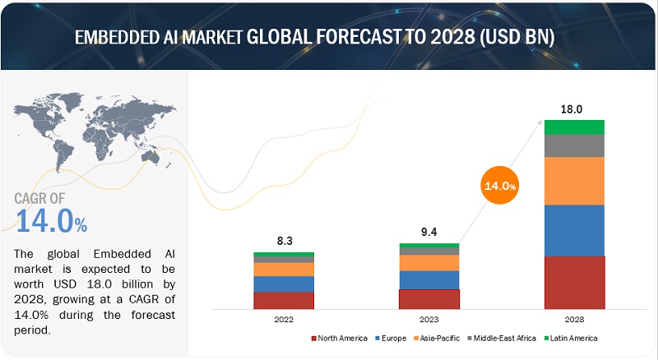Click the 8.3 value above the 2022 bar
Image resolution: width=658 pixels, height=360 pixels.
pyautogui.click(x=283, y=242)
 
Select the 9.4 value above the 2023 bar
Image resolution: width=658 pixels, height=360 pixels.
pyautogui.click(x=429, y=233)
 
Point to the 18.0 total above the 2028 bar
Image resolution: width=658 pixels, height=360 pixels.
pyautogui.click(x=574, y=108)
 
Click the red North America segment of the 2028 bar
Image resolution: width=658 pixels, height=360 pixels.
pyautogui.click(x=574, y=282)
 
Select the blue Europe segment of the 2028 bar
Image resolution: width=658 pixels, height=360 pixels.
pyautogui.click(x=574, y=230)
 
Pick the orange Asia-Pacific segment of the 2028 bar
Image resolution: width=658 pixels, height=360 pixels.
pyautogui.click(x=574, y=181)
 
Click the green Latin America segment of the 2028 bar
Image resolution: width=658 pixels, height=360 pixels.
pyautogui.click(x=574, y=127)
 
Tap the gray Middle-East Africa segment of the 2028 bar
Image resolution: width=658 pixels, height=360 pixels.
pyautogui.click(x=574, y=145)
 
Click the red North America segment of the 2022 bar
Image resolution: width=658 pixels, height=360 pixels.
pyautogui.click(x=283, y=300)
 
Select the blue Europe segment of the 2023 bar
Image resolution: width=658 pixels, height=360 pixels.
pyautogui.click(x=429, y=279)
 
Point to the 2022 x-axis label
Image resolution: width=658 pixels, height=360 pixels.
pyautogui.click(x=283, y=319)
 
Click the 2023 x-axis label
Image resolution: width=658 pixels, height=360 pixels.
pyautogui.click(x=429, y=319)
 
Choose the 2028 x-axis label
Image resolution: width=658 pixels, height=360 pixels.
pyautogui.click(x=574, y=319)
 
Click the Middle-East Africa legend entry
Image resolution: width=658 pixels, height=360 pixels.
pyautogui.click(x=501, y=338)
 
